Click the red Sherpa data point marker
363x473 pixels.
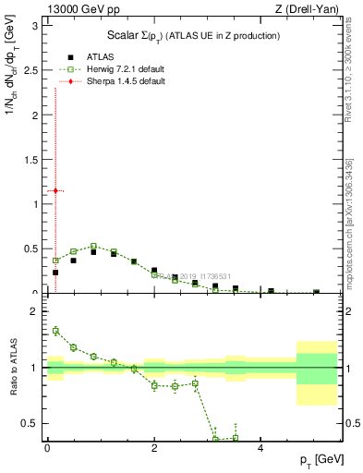tap(55, 190)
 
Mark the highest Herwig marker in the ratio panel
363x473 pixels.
tap(55, 331)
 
